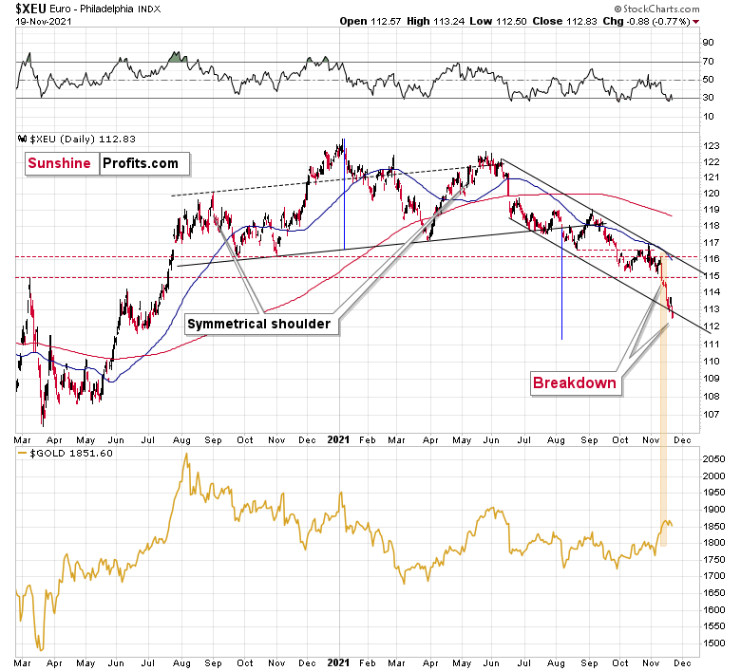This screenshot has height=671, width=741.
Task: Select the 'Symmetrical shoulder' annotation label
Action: point(258,324)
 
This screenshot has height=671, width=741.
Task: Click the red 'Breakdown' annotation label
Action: point(574,383)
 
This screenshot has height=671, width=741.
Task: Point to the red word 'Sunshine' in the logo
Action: point(59,163)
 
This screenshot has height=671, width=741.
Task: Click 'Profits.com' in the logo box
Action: point(141,163)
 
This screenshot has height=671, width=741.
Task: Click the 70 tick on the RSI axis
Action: point(708,62)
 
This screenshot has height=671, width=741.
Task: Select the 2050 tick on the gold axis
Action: point(714,459)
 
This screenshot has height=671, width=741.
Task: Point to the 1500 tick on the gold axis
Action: point(714,643)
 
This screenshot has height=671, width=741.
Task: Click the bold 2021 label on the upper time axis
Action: point(339,439)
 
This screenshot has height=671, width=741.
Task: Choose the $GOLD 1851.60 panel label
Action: point(59,454)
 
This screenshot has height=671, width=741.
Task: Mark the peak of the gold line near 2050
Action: point(185,455)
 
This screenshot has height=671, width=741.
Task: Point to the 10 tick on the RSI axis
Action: point(708,116)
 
